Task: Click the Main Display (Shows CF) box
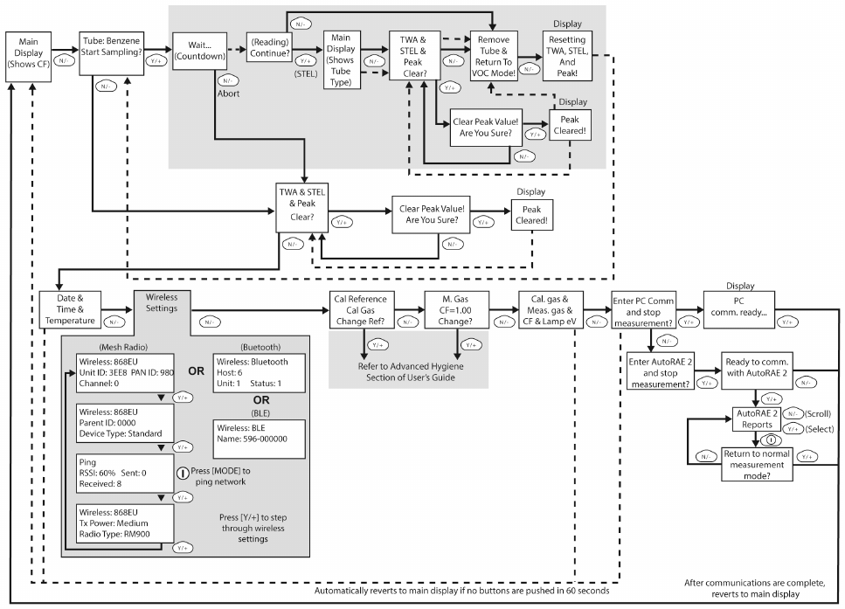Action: [x=28, y=59]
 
